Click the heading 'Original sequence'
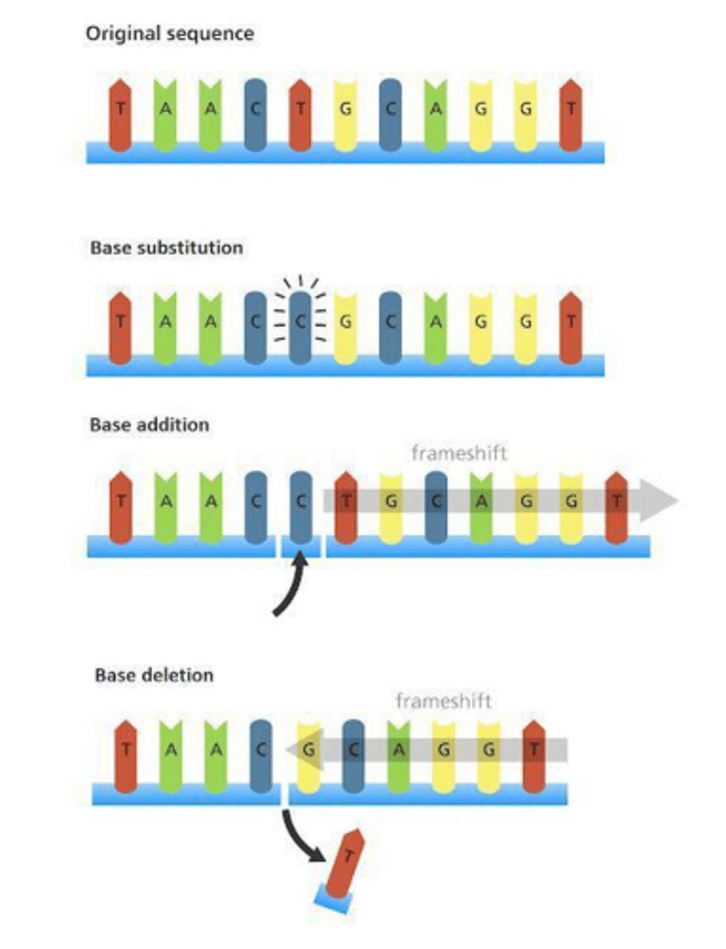click(x=170, y=34)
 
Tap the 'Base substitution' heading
click(x=166, y=248)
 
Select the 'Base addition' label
click(x=149, y=425)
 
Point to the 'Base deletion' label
click(x=154, y=675)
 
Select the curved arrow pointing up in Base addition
click(x=289, y=588)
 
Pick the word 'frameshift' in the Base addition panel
click(x=458, y=453)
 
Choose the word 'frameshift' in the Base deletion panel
click(x=443, y=701)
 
